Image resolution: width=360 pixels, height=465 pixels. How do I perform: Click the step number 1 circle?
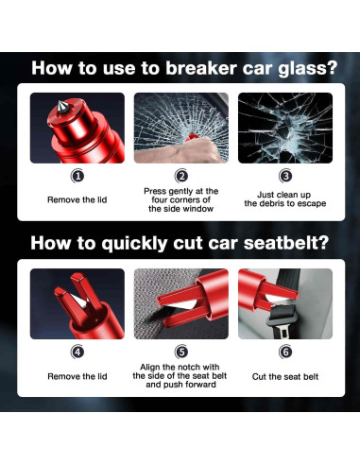point(77,176)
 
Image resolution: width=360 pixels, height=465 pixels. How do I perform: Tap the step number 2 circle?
point(181,176)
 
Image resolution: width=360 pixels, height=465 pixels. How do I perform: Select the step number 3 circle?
point(285,176)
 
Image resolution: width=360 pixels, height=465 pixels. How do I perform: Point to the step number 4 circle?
point(77,352)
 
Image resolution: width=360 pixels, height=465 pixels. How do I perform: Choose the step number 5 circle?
point(181,352)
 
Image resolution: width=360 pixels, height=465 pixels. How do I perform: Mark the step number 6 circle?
point(285,352)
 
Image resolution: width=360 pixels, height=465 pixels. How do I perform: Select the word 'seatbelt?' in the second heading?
point(286,243)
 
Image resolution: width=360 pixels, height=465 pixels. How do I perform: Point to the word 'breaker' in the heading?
point(201,68)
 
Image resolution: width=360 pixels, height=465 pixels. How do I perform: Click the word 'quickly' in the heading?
point(134,244)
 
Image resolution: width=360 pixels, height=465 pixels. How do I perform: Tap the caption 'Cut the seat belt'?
point(285,376)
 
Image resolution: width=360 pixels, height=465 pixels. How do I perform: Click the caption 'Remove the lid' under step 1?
point(77,199)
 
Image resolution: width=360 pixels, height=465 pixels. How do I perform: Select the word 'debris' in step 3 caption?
point(272,203)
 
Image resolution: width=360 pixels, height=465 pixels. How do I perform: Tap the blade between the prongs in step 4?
point(78,301)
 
